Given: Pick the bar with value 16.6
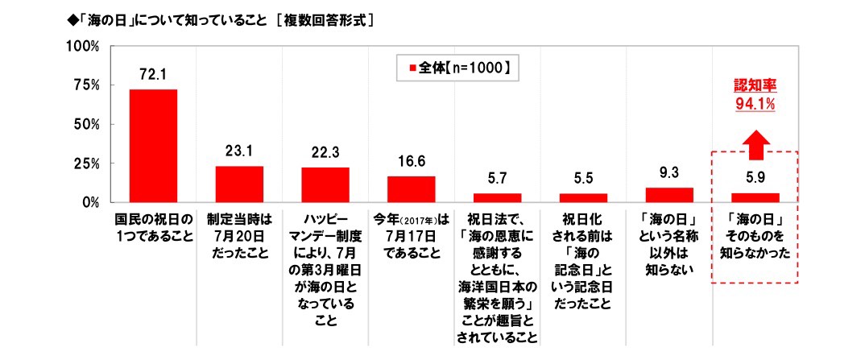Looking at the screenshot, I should pos(411,188).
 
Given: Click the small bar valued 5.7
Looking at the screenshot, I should pos(497,197).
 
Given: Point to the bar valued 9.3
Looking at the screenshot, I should pos(669,194).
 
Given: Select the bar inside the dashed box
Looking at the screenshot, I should pos(755,197).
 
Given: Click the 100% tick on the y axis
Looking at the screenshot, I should pos(82,47).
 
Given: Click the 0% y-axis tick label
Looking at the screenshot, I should pos(89,202).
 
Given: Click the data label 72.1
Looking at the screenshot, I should pos(153,75).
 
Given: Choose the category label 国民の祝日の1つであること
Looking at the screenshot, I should pos(153,226).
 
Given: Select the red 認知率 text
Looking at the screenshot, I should pos(754,85).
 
